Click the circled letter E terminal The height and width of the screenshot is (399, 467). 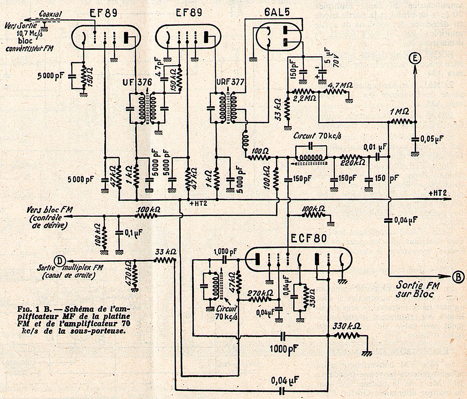pos(415,59)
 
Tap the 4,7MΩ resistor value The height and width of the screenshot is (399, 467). pos(340,86)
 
